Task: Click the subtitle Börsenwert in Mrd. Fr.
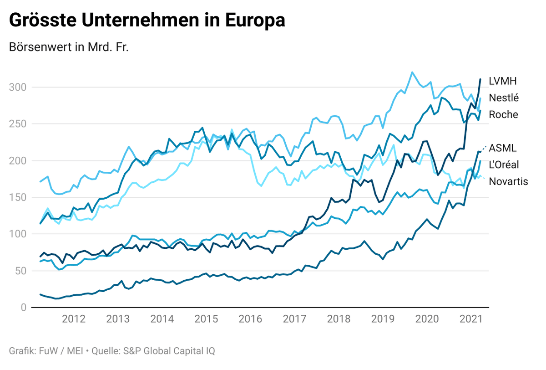tap(69, 47)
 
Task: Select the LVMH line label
tap(503, 81)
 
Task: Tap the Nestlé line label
tap(504, 98)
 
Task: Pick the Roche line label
tap(503, 114)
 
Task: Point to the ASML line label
tap(503, 148)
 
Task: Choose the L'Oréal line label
tap(504, 164)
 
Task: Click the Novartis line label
tap(508, 181)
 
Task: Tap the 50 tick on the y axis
tap(20, 271)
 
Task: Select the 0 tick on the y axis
tap(23, 308)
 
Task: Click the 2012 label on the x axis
tap(74, 319)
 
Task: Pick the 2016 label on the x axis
tap(250, 319)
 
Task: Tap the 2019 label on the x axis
tap(383, 319)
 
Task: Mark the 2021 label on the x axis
tap(471, 319)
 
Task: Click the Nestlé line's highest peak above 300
tap(412, 72)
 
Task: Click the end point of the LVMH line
tap(480, 79)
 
